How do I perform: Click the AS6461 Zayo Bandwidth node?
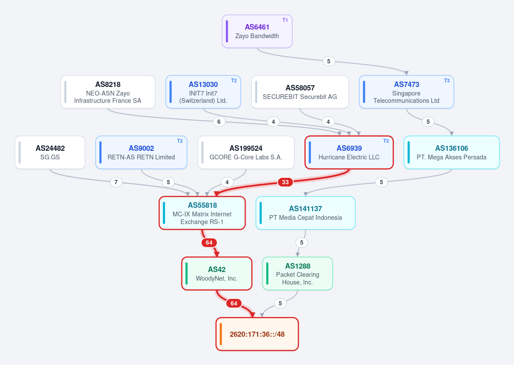point(257,31)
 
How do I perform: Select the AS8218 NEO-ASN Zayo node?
point(108,92)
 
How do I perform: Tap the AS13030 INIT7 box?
point(203,92)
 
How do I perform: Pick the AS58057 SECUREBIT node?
point(300,92)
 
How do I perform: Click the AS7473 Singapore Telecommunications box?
point(406,92)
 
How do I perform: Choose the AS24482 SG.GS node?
point(50,153)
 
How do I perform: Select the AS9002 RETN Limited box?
point(141,153)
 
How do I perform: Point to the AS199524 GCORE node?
point(246,153)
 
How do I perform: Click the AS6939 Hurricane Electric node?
point(349,153)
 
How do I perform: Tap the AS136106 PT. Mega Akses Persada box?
point(452,153)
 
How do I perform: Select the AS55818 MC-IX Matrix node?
point(202,213)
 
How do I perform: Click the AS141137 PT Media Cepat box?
point(306,213)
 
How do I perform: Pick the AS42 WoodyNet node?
point(216,274)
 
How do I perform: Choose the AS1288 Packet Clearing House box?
point(298,274)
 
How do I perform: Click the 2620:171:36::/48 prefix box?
point(257,334)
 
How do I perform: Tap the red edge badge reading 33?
point(285,182)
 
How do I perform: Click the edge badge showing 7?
point(116,182)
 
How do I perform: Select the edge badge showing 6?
point(219,122)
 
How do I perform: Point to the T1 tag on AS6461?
point(285,20)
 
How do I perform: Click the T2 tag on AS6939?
point(386,141)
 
